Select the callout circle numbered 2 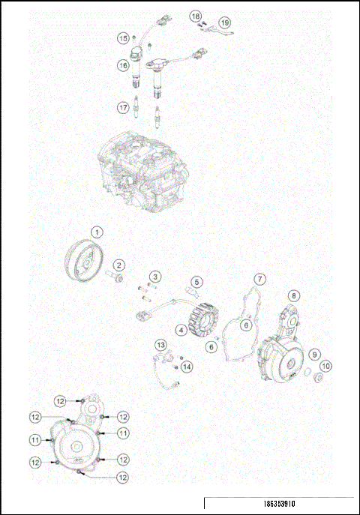[x=119, y=265]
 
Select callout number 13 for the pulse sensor [x=161, y=345]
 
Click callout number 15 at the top [x=123, y=37]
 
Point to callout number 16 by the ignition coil [x=123, y=66]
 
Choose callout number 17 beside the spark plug [x=123, y=107]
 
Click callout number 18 [x=194, y=15]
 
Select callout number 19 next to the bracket [x=225, y=22]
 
